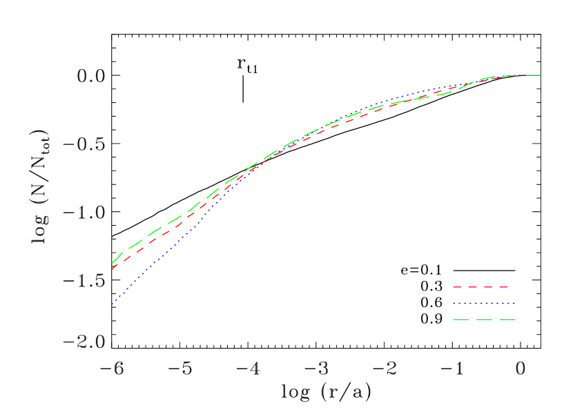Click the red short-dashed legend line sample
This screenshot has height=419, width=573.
pyautogui.click(x=480, y=287)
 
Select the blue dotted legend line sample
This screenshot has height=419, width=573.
pyautogui.click(x=484, y=303)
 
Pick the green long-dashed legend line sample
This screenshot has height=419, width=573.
pyautogui.click(x=484, y=320)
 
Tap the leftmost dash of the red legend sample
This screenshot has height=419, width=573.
pyautogui.click(x=456, y=287)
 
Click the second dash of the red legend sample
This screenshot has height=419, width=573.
pyautogui.click(x=472, y=287)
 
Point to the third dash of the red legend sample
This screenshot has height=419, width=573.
pyautogui.click(x=488, y=287)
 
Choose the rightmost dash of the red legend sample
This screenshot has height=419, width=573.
pyautogui.click(x=503, y=287)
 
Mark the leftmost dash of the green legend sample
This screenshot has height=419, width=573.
pyautogui.click(x=460, y=320)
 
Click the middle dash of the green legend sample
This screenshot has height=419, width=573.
pyautogui.click(x=484, y=320)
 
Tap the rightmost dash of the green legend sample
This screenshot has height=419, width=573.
pyautogui.click(x=507, y=320)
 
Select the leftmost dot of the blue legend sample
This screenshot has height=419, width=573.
pyautogui.click(x=454, y=303)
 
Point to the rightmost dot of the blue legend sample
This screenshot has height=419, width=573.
pyautogui.click(x=514, y=303)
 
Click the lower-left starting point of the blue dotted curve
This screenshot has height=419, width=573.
pyautogui.click(x=112, y=304)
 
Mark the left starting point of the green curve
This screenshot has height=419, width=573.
pyautogui.click(x=112, y=264)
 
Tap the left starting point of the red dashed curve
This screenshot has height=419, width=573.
pyautogui.click(x=112, y=269)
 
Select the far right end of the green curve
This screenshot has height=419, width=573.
pyautogui.click(x=540, y=75)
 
